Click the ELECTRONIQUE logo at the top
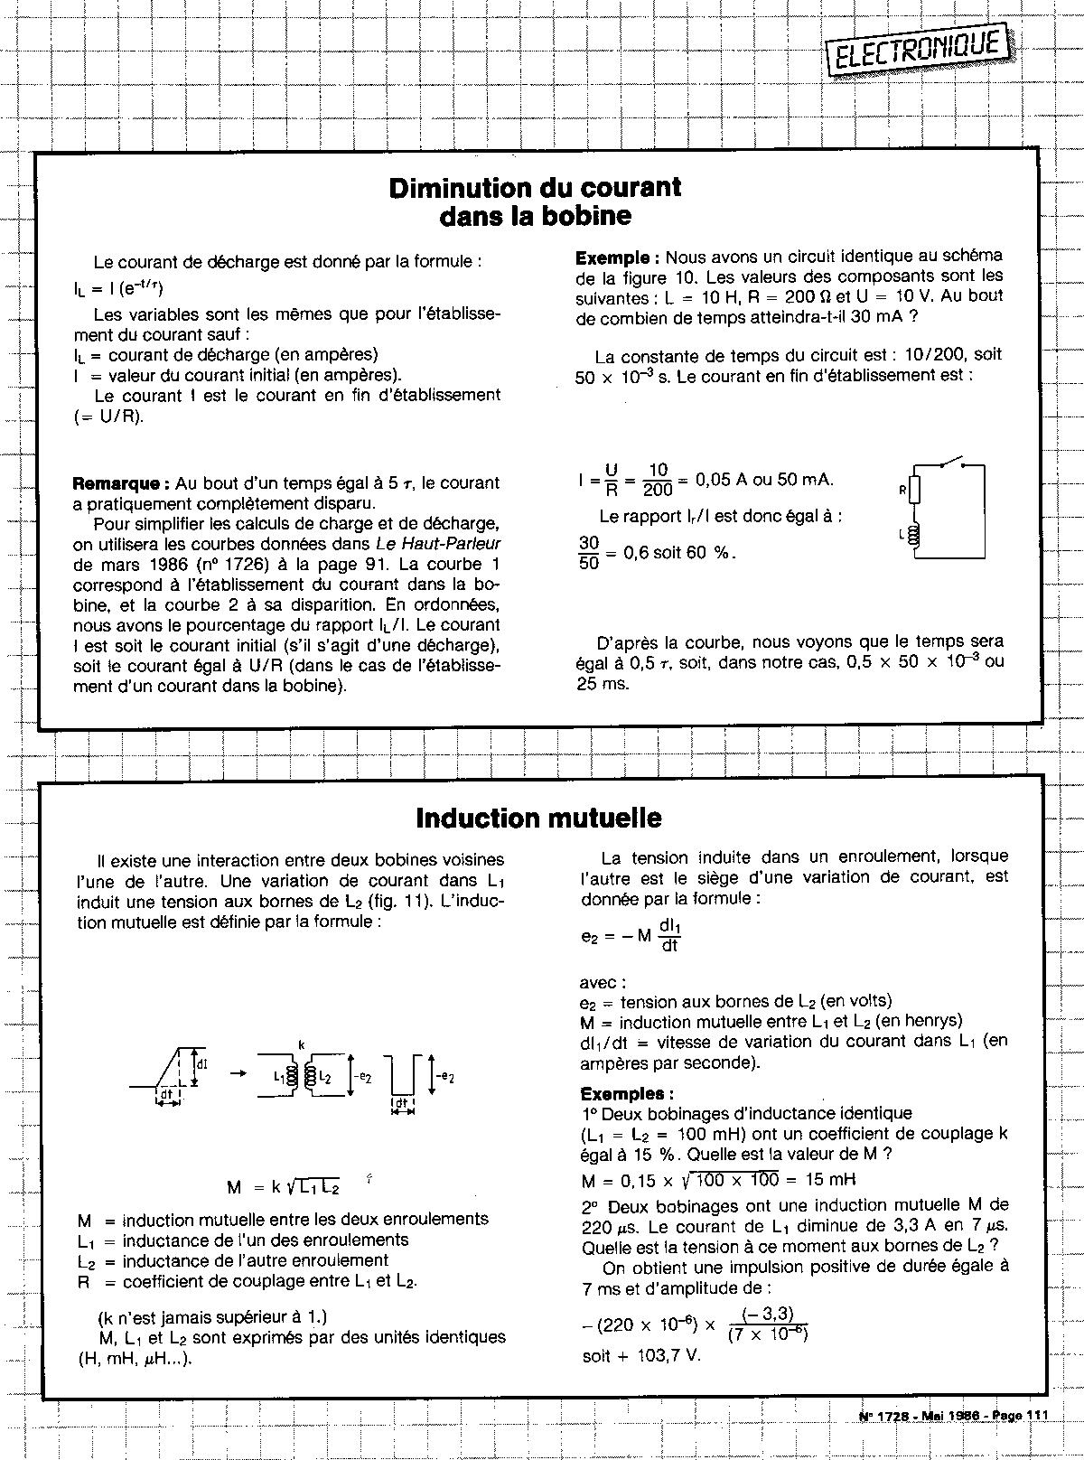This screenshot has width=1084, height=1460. click(x=918, y=50)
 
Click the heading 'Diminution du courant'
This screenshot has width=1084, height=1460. click(x=535, y=187)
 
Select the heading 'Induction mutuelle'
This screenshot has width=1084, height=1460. click(x=538, y=818)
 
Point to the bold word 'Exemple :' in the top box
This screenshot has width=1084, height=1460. click(x=618, y=257)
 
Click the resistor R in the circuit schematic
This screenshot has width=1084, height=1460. click(x=914, y=491)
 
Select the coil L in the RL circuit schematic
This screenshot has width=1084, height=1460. click(x=914, y=537)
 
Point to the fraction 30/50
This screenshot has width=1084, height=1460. click(x=589, y=552)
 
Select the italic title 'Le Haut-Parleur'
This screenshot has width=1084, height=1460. click(x=438, y=544)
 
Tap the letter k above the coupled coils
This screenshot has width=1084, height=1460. click(x=301, y=1044)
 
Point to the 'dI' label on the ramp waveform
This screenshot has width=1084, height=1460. click(x=202, y=1064)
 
